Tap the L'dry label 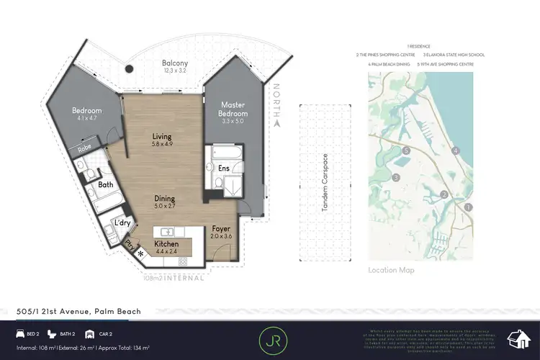pos(122,223)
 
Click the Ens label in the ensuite pos(224,168)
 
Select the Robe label pos(84,150)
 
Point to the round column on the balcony pos(129,69)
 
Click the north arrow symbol pos(276,123)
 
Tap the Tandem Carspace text pos(325,183)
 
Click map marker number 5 pos(407,150)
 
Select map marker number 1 pos(469,207)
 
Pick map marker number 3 pos(395,177)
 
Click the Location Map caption pos(391,270)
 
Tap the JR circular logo pos(269,338)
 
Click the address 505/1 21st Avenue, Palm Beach pos(78,311)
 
